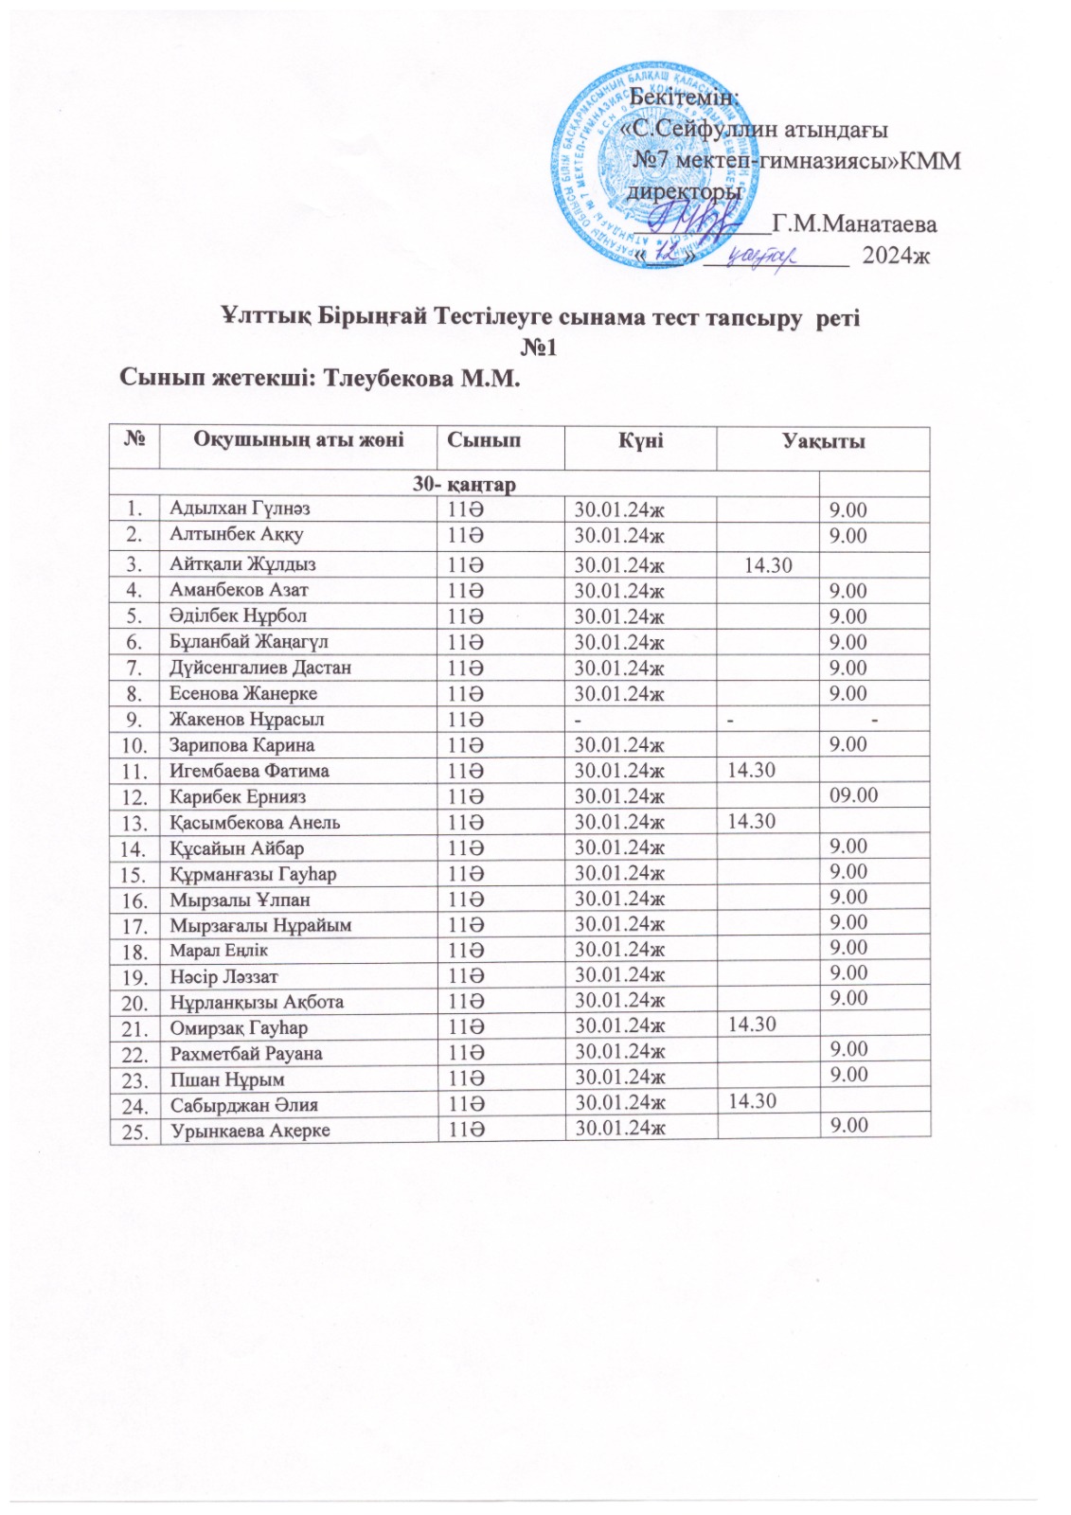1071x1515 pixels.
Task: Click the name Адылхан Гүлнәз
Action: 240,508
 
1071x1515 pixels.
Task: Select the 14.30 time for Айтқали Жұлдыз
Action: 768,566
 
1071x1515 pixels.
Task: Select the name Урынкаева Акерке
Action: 250,1131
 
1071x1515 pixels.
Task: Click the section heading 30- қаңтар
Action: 464,485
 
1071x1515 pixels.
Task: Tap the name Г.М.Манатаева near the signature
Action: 855,224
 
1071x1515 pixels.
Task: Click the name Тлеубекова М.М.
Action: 422,379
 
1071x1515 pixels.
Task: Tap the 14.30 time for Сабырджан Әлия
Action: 751,1100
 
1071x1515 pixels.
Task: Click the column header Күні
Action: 640,440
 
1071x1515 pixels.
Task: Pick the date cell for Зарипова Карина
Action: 620,745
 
